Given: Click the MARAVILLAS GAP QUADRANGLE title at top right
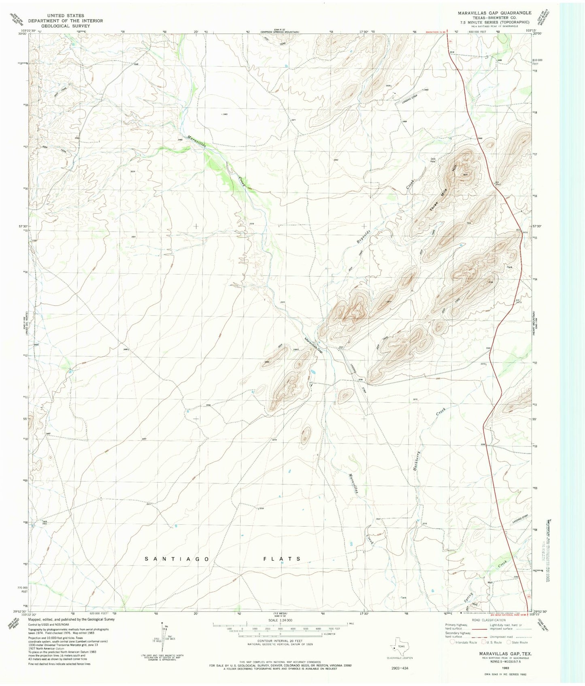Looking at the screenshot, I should (491, 13).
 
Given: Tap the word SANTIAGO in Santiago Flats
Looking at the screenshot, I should (178, 559).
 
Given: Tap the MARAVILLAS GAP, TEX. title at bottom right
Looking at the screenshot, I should (505, 654).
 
